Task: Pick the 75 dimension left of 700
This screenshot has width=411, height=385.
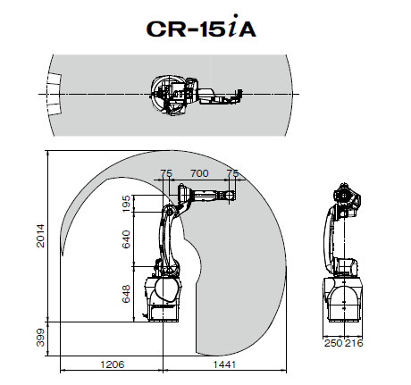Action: (165, 172)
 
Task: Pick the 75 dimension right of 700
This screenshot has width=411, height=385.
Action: (233, 172)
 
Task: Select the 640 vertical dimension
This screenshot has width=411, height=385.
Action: (126, 239)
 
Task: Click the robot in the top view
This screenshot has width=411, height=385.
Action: (192, 93)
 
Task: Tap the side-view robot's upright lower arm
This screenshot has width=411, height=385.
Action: (167, 241)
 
